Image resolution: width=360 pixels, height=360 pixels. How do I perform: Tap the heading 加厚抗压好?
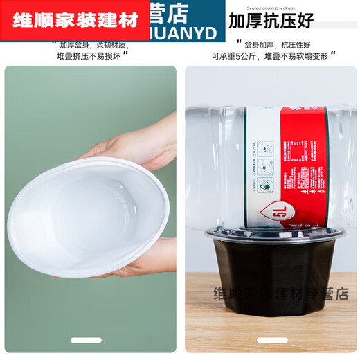(x=271, y=20)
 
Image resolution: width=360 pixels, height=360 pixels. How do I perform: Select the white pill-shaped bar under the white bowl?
(x=91, y=341)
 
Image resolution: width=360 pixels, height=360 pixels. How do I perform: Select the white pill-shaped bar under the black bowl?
(x=271, y=341)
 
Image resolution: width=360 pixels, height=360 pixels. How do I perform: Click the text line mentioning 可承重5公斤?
(x=271, y=56)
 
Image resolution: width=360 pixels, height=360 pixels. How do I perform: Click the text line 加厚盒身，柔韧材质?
(x=91, y=43)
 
